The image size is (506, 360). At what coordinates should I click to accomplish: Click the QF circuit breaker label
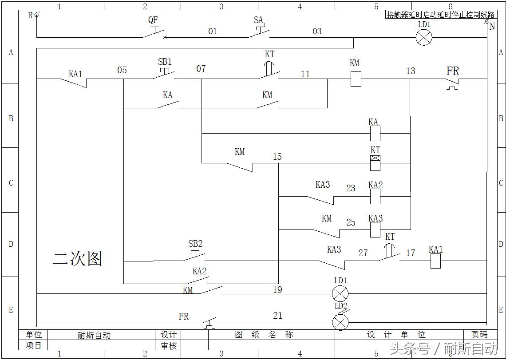[x=153, y=20]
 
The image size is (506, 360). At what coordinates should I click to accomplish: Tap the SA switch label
[x=258, y=20]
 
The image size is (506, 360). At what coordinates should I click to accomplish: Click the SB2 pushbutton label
[x=195, y=244]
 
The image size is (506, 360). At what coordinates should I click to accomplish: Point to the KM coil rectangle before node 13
[x=356, y=79]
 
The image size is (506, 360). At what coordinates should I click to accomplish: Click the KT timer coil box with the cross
[x=375, y=163]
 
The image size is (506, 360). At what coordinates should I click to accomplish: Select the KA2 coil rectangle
[x=375, y=196]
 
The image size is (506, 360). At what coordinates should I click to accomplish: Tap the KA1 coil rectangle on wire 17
[x=435, y=261]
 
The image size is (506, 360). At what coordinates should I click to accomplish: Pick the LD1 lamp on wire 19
[x=340, y=293]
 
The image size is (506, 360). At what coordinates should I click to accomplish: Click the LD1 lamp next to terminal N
[x=424, y=37]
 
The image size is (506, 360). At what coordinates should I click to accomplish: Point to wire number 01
[x=213, y=32]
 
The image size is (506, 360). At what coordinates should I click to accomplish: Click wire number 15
[x=277, y=157]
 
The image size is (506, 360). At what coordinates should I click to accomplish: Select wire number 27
[x=363, y=253]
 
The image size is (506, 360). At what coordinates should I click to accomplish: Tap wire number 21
[x=277, y=316]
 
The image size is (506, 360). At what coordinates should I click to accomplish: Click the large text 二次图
[x=78, y=258]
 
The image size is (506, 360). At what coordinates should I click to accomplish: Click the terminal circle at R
[x=37, y=15]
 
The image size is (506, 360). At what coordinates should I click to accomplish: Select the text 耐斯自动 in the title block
[x=94, y=335]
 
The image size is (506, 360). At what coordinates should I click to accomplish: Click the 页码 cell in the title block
[x=478, y=335]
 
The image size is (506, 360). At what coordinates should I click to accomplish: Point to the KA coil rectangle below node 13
[x=375, y=133]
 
